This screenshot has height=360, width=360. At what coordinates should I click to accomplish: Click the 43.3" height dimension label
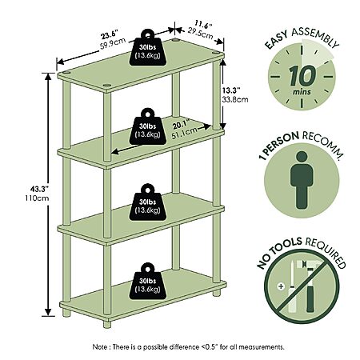(39, 189)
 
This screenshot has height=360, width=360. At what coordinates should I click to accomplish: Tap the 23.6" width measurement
(109, 35)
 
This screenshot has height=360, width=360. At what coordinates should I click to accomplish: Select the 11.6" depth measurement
(203, 25)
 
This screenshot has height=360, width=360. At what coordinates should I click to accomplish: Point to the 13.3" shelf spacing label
(232, 90)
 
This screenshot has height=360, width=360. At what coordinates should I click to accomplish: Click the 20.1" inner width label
(181, 125)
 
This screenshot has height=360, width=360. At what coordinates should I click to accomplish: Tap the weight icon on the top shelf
(148, 47)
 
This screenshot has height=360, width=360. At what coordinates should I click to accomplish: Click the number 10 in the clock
(302, 75)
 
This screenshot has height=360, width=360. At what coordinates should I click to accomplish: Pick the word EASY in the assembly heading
(276, 40)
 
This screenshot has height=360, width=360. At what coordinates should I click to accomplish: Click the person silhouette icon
(302, 180)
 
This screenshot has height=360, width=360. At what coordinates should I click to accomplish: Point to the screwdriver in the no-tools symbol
(292, 286)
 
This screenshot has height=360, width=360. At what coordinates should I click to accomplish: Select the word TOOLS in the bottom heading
(288, 245)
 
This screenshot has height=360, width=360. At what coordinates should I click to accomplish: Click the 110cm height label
(37, 198)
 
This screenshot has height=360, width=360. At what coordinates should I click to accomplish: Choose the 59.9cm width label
(113, 44)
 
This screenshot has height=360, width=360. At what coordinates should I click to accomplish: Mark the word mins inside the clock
(302, 92)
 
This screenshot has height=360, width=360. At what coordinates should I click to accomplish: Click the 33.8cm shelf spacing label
(235, 99)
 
